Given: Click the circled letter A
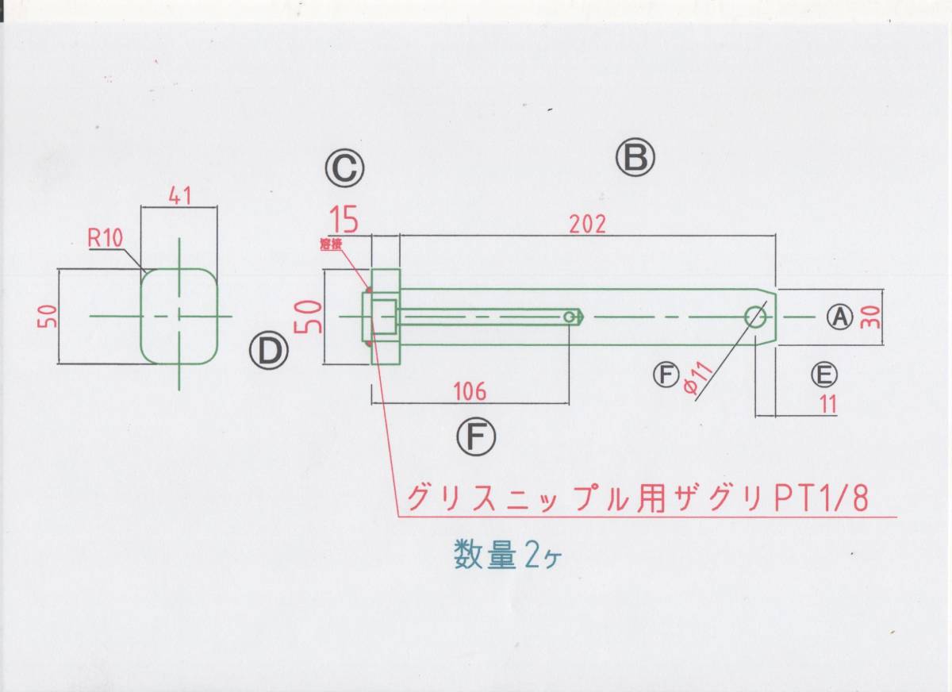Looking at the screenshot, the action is tap(840, 317).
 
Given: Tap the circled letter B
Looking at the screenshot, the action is tap(635, 157).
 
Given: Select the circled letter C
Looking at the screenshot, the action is tap(344, 168).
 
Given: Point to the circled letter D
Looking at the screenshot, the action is tap(269, 351).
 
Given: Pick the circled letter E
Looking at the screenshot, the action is tap(824, 375).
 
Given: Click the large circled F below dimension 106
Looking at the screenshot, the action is tap(476, 437).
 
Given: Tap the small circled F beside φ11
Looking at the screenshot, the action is tap(666, 375).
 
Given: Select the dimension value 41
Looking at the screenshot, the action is tap(180, 196).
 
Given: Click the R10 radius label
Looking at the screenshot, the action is tap(106, 238).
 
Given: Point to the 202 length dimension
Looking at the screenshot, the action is tap(587, 225).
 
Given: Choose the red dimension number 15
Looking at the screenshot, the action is tap(344, 220).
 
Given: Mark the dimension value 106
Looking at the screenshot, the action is tap(470, 391).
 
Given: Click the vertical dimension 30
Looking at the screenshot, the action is tap(872, 317).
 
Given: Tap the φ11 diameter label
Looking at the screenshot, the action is tap(699, 378).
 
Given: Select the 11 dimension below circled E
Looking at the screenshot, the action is tap(828, 403).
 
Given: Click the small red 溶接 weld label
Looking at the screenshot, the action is tap(331, 244).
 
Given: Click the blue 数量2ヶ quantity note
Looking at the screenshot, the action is tap(508, 555).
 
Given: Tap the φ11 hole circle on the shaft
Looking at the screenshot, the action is tap(755, 317).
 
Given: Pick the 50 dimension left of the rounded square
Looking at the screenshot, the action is tap(50, 317).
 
